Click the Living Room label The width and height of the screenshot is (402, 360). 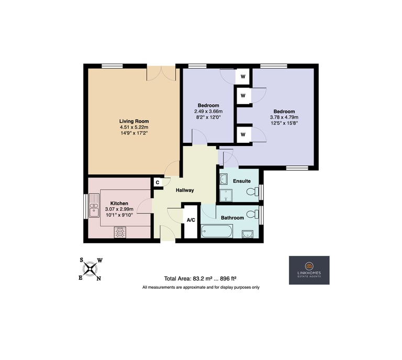134,121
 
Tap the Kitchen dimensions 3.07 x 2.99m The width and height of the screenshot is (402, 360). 119,209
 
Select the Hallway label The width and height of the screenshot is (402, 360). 185,190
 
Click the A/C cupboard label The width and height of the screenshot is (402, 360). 191,220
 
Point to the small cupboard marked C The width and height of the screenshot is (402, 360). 158,183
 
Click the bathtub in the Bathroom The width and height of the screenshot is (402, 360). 217,231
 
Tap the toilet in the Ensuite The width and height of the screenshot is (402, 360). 252,191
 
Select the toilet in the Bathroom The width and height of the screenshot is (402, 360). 252,214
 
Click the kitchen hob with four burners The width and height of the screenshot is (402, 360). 120,232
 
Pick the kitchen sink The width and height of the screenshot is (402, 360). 94,206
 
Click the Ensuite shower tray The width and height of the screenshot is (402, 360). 226,196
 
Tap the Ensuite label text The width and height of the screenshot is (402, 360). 242,181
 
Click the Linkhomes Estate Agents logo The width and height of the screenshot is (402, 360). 309,270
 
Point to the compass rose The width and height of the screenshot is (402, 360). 90,269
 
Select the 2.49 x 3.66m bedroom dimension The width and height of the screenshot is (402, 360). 208,111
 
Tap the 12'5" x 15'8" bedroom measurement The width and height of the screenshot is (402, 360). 284,123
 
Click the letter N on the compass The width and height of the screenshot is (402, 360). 99,279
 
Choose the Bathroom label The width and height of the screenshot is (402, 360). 232,218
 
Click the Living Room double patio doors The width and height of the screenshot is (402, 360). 161,73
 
